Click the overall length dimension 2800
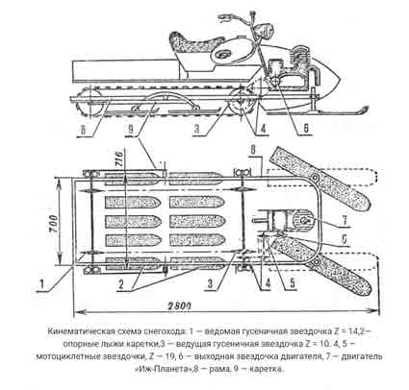(179, 305)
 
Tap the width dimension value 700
(54, 224)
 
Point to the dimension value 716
(118, 158)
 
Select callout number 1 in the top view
(41, 283)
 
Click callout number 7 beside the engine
(345, 220)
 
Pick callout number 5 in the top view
(293, 282)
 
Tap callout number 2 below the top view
(120, 284)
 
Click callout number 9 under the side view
(131, 129)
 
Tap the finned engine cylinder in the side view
(300, 59)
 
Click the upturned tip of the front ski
(364, 110)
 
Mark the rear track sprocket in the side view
(90, 100)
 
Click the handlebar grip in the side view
(225, 15)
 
